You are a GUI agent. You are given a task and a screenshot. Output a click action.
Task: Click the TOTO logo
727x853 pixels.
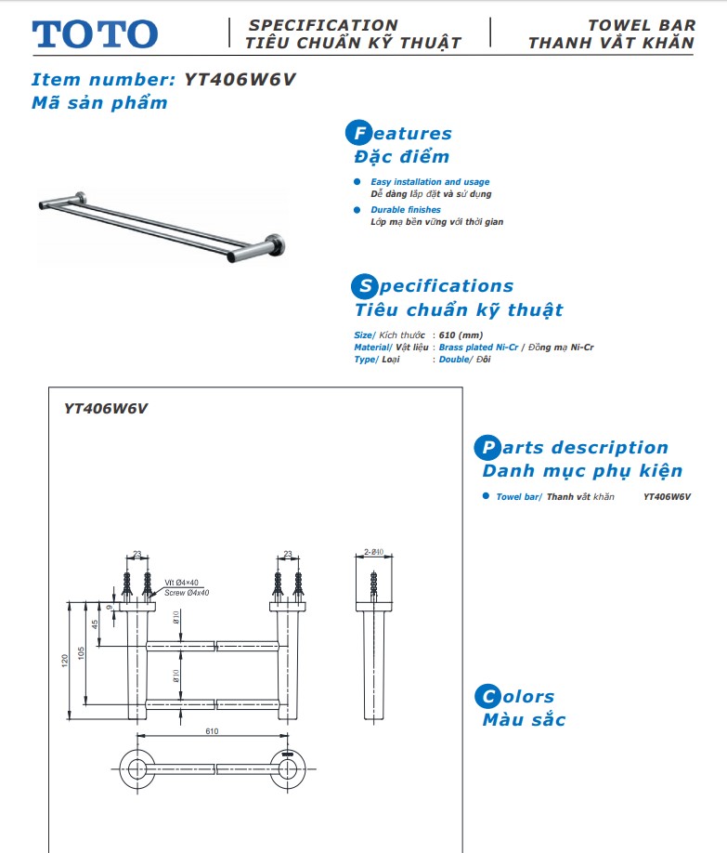click(96, 34)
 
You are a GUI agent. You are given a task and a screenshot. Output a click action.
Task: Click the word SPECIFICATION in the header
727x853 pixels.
click(323, 25)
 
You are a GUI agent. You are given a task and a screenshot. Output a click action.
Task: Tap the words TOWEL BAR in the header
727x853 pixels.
click(641, 25)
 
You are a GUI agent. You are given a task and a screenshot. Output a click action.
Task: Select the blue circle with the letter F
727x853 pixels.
click(357, 134)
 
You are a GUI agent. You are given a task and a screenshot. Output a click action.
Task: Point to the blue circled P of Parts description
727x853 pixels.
click(486, 448)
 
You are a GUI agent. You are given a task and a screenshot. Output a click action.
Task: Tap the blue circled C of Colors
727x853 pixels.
click(486, 697)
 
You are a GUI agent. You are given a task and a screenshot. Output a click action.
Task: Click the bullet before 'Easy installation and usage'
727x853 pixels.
click(357, 182)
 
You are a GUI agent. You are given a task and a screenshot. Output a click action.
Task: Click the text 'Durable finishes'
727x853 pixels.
click(406, 210)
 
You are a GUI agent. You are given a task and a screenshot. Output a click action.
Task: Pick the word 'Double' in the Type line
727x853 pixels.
click(454, 359)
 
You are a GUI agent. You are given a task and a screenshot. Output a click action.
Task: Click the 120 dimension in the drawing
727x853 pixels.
click(65, 659)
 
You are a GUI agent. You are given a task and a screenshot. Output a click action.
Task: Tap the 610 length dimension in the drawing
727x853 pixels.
click(212, 731)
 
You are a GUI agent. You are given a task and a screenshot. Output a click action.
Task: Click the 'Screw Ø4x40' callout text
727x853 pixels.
click(187, 592)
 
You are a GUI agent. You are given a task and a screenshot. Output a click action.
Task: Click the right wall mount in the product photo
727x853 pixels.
click(276, 243)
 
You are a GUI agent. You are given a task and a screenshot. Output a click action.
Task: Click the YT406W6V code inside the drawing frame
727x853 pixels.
click(107, 407)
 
